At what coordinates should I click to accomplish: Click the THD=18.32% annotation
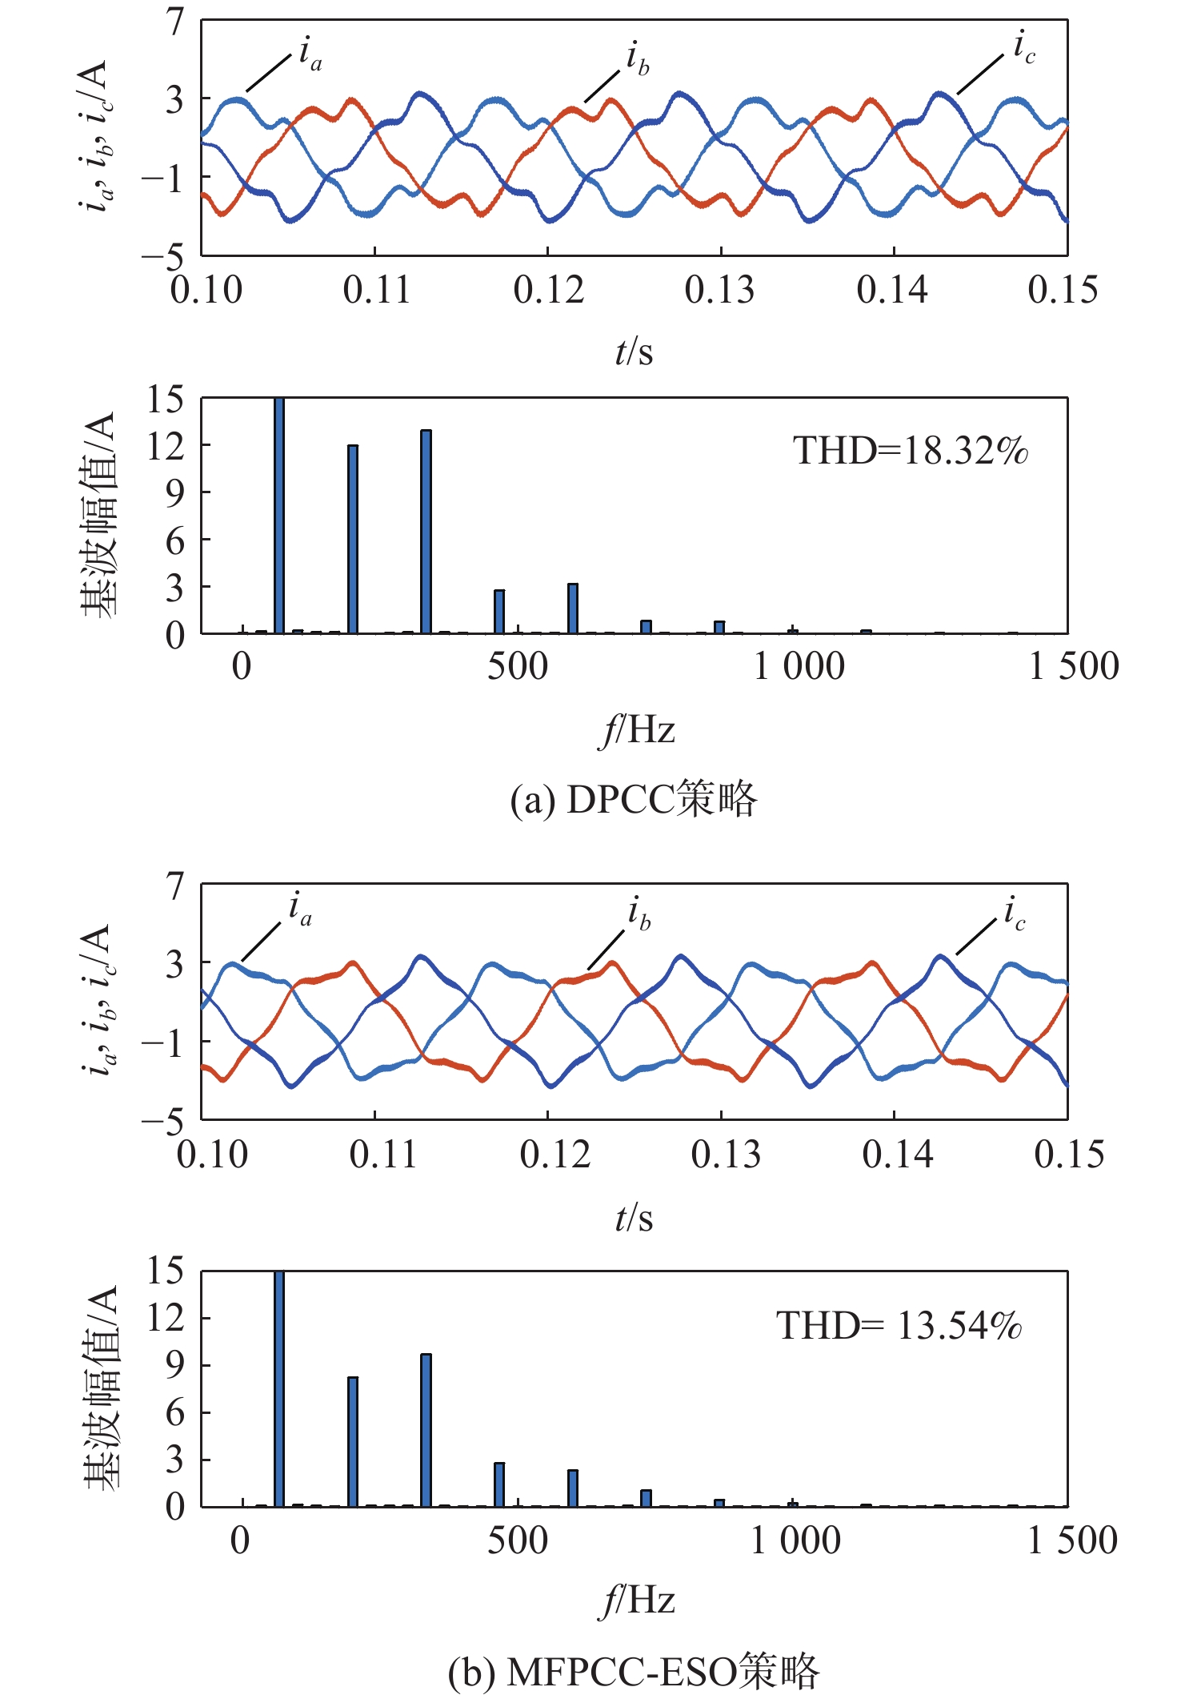pyautogui.click(x=910, y=452)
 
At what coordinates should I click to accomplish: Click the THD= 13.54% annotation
pyautogui.click(x=899, y=1326)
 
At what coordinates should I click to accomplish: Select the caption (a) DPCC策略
pyautogui.click(x=633, y=799)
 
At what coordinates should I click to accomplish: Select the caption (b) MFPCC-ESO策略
pyautogui.click(x=633, y=1672)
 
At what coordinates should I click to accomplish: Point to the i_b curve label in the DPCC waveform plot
pyautogui.click(x=638, y=59)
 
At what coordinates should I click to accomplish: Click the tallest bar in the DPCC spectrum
pyautogui.click(x=279, y=516)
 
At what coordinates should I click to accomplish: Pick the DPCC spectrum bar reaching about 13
pyautogui.click(x=426, y=532)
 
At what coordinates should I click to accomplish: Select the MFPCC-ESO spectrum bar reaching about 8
pyautogui.click(x=353, y=1442)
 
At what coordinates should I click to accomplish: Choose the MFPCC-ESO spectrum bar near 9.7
pyautogui.click(x=426, y=1430)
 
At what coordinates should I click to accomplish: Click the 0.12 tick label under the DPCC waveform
pyautogui.click(x=548, y=290)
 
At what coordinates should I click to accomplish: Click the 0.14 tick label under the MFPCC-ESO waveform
pyautogui.click(x=897, y=1155)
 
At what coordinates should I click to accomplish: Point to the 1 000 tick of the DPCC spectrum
pyautogui.click(x=799, y=666)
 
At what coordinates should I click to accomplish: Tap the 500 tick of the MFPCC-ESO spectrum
pyautogui.click(x=518, y=1540)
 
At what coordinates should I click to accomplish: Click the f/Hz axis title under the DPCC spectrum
pyautogui.click(x=636, y=730)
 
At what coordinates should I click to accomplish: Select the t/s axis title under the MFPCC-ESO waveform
pyautogui.click(x=634, y=1219)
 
